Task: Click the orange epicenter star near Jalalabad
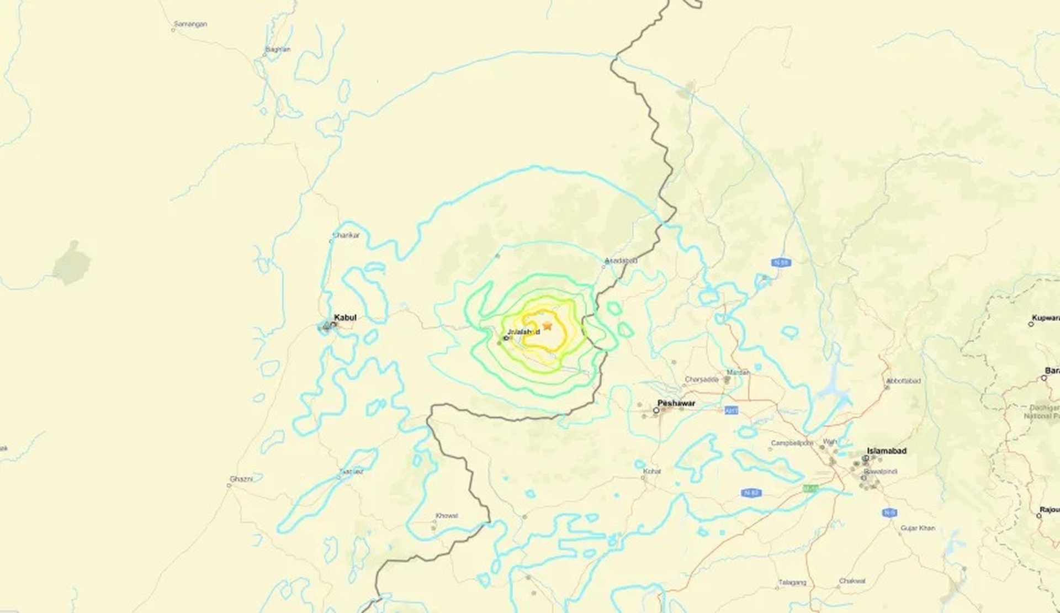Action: coord(547,326)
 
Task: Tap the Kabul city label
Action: coord(345,318)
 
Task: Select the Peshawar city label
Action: coord(676,403)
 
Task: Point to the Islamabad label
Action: coord(887,451)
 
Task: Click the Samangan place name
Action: coord(190,24)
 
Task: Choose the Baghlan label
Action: coord(278,49)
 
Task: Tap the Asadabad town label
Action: coord(621,260)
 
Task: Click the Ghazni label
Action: coord(241,479)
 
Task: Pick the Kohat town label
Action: coord(652,471)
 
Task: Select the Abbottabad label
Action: coord(903,381)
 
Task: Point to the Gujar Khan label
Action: coord(918,528)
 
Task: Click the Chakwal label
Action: coord(852,580)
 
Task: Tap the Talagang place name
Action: coord(792,582)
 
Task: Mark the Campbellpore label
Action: coord(792,443)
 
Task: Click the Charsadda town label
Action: coord(701,379)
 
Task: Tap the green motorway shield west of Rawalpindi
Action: coord(810,488)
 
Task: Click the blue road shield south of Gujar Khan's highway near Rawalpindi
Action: coord(888,512)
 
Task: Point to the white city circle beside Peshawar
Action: coord(656,410)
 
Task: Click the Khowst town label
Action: coord(447,515)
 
